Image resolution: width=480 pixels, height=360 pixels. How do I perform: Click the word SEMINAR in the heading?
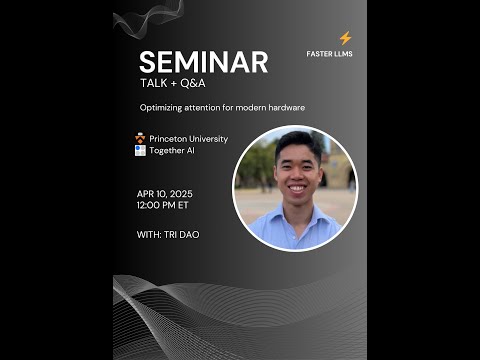(203, 62)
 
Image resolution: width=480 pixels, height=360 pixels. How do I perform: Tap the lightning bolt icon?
(345, 39)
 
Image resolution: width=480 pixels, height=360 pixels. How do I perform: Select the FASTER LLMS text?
(329, 54)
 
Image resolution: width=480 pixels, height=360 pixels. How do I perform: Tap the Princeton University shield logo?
(140, 138)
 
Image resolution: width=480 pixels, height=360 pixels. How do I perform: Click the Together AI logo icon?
(140, 150)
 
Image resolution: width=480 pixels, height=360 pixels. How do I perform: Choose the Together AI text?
(174, 150)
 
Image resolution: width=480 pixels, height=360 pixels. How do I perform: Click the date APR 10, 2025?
(165, 193)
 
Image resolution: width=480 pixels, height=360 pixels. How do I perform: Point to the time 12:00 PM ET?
(162, 204)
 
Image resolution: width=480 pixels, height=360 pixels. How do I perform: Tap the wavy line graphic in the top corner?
(147, 17)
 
